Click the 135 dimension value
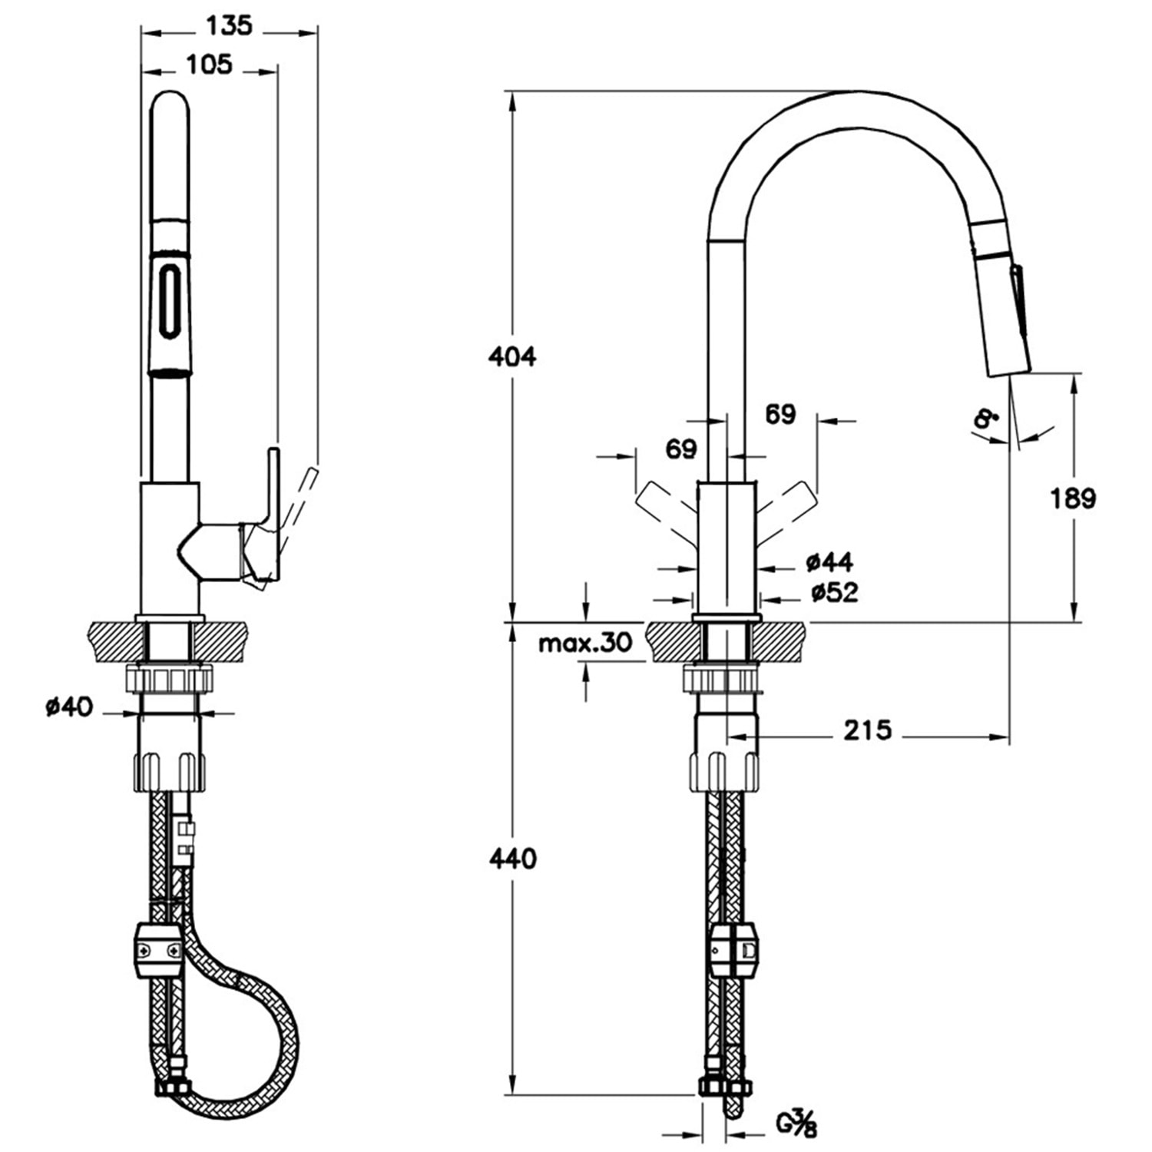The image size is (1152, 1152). pos(229,25)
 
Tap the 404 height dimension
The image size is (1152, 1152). pos(512,356)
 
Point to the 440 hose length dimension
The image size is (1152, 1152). pos(512,858)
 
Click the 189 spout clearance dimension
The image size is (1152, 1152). pos(1073,498)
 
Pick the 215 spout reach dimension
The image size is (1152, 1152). pos(868,730)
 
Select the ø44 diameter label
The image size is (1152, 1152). pos(829,562)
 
